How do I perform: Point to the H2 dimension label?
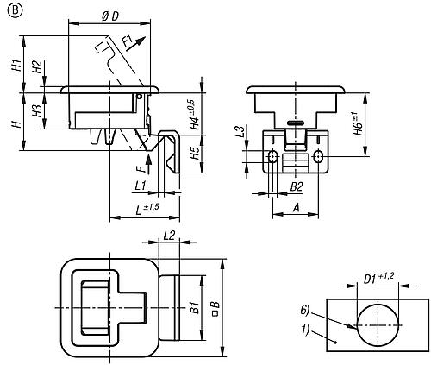tap(37, 66)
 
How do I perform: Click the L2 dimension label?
tap(169, 236)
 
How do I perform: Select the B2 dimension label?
tap(296, 186)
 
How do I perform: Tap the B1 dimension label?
tap(195, 306)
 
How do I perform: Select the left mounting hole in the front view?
tap(272, 157)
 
